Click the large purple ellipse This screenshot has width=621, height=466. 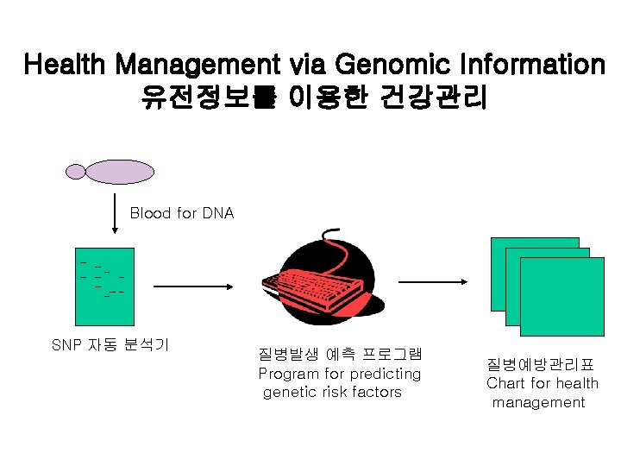[118, 172]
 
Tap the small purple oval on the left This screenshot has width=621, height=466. [77, 172]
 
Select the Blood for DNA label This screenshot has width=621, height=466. [182, 212]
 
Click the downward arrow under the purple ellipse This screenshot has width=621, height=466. [115, 211]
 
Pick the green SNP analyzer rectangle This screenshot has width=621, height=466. [107, 276]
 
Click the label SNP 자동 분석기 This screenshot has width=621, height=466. [110, 345]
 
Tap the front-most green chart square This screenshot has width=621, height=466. [561, 296]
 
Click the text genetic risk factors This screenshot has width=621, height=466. [332, 392]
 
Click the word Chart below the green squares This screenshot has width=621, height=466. [505, 383]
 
